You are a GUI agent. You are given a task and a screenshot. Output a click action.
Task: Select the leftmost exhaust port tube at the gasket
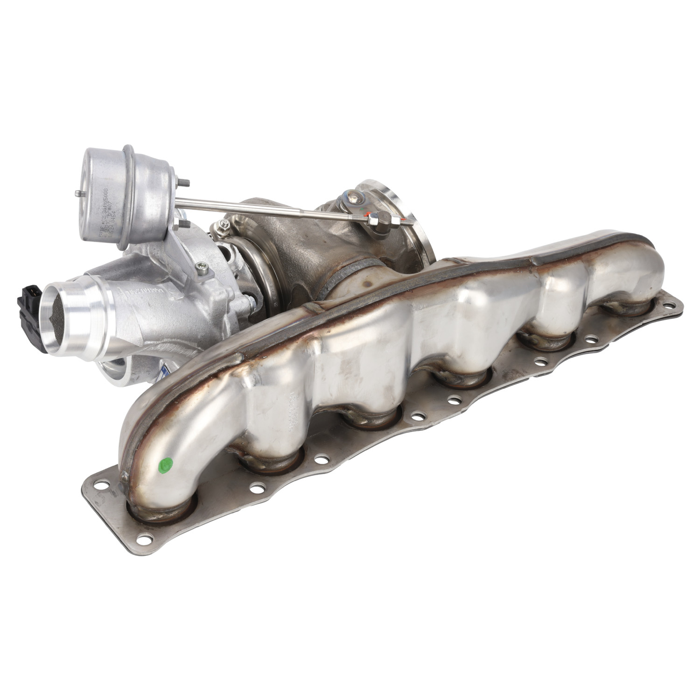coord(161,511)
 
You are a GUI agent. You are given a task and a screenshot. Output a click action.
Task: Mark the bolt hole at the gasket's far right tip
coord(671,306)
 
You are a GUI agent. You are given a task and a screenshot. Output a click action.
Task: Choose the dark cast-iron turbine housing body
coord(299,243)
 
